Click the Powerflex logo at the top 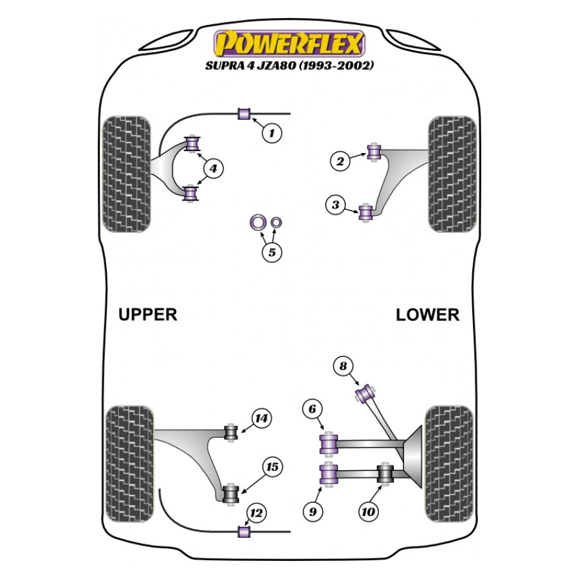tap(289, 44)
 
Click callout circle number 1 tap(271, 133)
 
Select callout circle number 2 tap(341, 161)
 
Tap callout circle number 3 tap(335, 206)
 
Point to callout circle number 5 tap(271, 252)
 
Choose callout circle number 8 tap(344, 367)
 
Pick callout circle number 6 tap(312, 409)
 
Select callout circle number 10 tap(368, 512)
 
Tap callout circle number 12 tap(256, 513)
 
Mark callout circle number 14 tap(260, 419)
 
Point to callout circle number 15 tap(272, 468)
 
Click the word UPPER tap(147, 315)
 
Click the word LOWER tap(428, 315)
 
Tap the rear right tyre tap(450, 455)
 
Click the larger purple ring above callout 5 tap(257, 223)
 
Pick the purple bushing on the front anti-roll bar tap(244, 114)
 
